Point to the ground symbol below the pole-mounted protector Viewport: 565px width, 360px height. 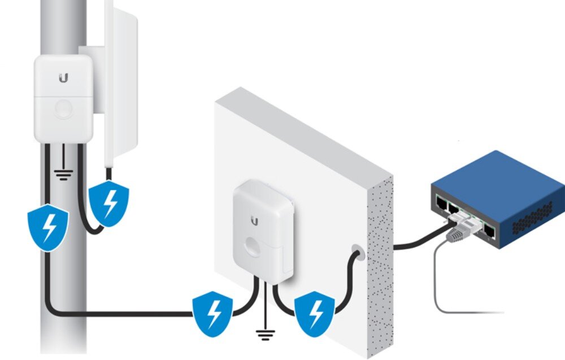(x=64, y=174)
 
